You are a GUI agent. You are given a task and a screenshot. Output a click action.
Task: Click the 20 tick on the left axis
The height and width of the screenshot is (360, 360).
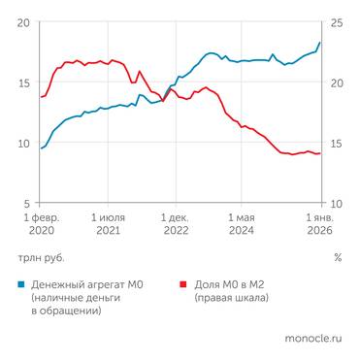(22, 22)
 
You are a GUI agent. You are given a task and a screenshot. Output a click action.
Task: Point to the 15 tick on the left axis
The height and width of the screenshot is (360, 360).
(22, 82)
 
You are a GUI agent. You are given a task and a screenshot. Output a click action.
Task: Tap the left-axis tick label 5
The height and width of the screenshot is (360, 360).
(25, 204)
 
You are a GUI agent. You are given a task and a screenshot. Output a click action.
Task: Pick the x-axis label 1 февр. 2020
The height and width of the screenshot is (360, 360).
(42, 226)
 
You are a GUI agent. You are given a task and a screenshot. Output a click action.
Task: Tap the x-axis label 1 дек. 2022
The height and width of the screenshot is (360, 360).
(176, 226)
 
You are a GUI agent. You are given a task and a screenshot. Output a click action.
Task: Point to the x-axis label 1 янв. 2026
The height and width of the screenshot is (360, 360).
(320, 226)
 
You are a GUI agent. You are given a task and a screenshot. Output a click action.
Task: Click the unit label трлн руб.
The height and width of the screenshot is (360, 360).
(40, 258)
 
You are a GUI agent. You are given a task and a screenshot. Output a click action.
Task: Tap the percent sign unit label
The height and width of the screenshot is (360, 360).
(338, 258)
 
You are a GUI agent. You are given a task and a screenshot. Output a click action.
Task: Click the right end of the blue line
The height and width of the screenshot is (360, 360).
(320, 43)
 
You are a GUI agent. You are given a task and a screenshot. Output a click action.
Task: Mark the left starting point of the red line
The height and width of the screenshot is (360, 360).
(41, 96)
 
